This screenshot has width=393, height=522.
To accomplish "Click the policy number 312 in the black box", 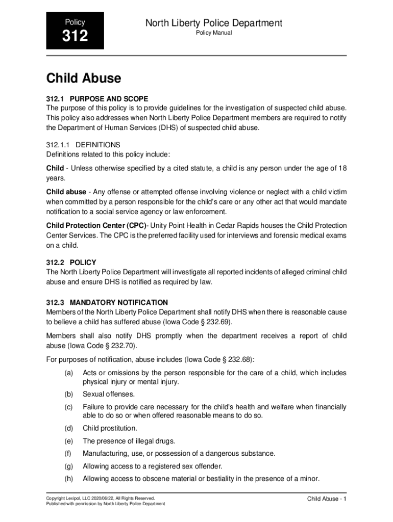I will pyautogui.click(x=75, y=36).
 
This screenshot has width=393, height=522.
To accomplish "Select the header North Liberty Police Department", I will pyautogui.click(x=214, y=23).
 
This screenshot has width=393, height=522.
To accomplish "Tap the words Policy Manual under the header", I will pyautogui.click(x=214, y=33).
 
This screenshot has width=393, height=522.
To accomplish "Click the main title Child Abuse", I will pyautogui.click(x=84, y=79).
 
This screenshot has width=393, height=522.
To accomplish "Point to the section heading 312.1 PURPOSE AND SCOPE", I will pyautogui.click(x=97, y=98).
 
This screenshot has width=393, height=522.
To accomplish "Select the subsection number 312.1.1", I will pyautogui.click(x=58, y=144).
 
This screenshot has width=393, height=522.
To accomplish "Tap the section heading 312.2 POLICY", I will pyautogui.click(x=71, y=263).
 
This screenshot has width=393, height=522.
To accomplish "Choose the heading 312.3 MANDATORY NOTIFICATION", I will pyautogui.click(x=107, y=302).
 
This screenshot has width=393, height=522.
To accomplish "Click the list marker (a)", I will pyautogui.click(x=68, y=373).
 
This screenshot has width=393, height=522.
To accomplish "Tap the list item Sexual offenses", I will pyautogui.click(x=109, y=394).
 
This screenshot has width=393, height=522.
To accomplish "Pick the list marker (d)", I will pyautogui.click(x=68, y=428).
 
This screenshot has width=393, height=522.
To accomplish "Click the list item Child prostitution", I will pyautogui.click(x=110, y=428).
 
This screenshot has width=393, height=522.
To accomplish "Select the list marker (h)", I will pyautogui.click(x=68, y=479).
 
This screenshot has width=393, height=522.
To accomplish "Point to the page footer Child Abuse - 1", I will pyautogui.click(x=327, y=499).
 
